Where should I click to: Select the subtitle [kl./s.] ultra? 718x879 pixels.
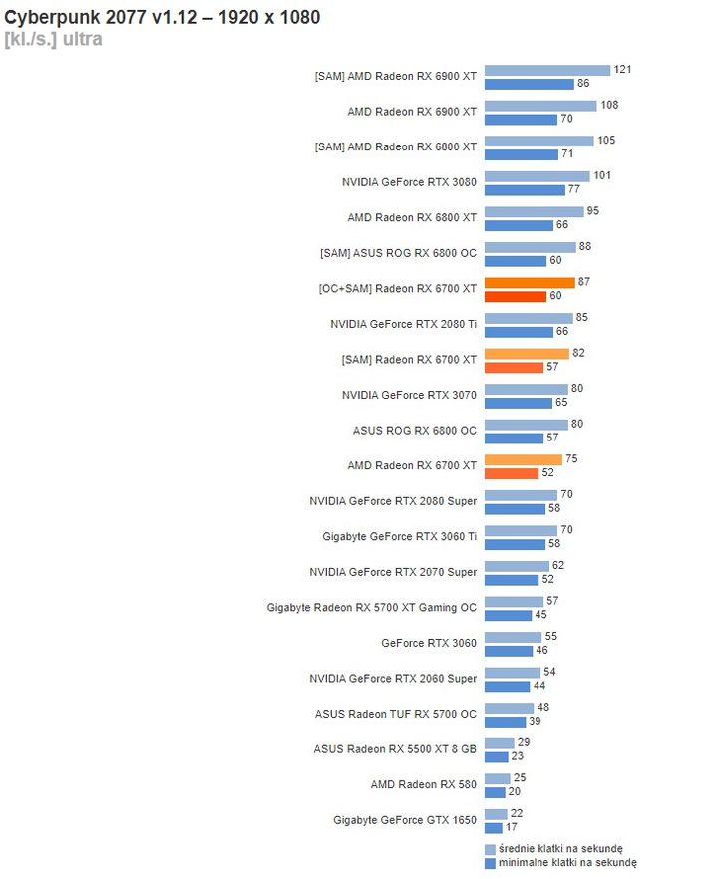tap(53, 39)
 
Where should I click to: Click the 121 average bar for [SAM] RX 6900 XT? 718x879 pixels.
tap(546, 70)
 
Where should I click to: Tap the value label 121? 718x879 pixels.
tap(623, 70)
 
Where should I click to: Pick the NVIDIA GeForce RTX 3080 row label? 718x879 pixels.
tap(409, 182)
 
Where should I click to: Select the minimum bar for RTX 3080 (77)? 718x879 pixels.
tap(524, 189)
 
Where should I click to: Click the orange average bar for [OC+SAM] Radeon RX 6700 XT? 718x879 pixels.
tap(530, 283)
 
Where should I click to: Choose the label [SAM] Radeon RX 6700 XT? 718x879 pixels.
tap(409, 359)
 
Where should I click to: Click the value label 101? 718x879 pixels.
tap(602, 176)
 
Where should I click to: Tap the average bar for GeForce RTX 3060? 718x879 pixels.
tap(513, 637)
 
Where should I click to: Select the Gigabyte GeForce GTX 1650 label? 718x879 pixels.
tap(405, 820)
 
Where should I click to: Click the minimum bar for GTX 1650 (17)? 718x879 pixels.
tap(494, 827)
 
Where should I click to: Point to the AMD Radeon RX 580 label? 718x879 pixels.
tap(423, 785)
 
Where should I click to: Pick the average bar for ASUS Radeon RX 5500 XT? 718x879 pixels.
tap(499, 743)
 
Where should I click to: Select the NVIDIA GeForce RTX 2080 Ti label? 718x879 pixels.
tap(403, 324)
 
